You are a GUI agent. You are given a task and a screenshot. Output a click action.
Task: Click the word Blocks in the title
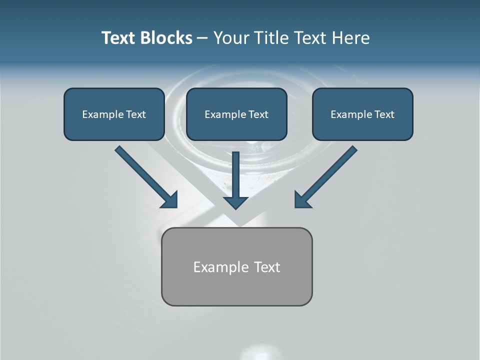(x=167, y=38)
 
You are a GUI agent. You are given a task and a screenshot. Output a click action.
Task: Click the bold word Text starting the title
(x=119, y=38)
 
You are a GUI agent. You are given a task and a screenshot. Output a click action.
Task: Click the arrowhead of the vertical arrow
(x=235, y=202)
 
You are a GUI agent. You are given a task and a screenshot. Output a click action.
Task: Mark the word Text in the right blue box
(x=384, y=114)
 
